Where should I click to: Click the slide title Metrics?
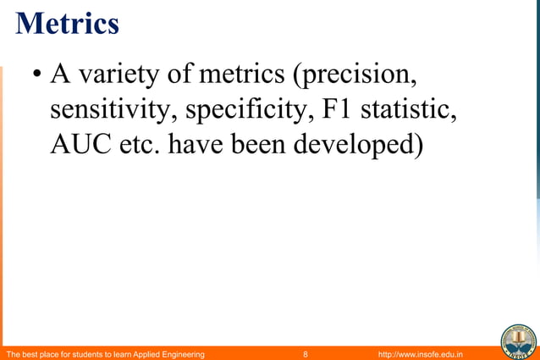[67, 23]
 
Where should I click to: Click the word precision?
[356, 75]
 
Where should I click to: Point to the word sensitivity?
[113, 111]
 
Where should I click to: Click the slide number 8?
[305, 352]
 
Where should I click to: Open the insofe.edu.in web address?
[416, 352]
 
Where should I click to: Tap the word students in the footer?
[92, 352]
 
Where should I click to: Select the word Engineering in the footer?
[179, 352]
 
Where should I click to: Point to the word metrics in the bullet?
[241, 75]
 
